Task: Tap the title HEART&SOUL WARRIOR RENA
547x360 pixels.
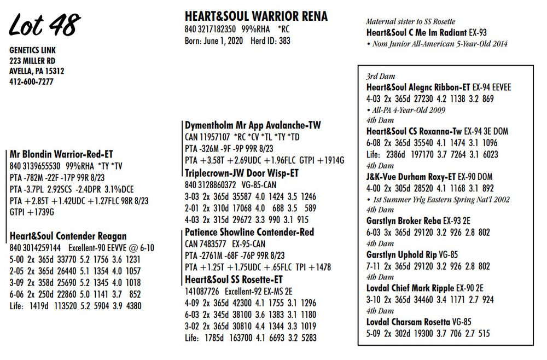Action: tap(256, 16)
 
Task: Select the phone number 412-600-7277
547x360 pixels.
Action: tap(31, 82)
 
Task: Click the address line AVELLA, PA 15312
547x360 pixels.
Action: tap(37, 71)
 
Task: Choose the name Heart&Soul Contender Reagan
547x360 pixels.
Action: tap(68, 236)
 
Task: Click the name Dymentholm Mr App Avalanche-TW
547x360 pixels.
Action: tap(253, 125)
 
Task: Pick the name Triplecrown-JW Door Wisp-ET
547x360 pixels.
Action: tap(242, 173)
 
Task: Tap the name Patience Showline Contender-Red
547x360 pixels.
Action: tap(249, 232)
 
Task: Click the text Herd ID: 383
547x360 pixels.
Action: tap(270, 40)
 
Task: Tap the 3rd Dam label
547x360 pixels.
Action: tap(380, 77)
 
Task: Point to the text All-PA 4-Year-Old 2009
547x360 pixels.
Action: tap(408, 110)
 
